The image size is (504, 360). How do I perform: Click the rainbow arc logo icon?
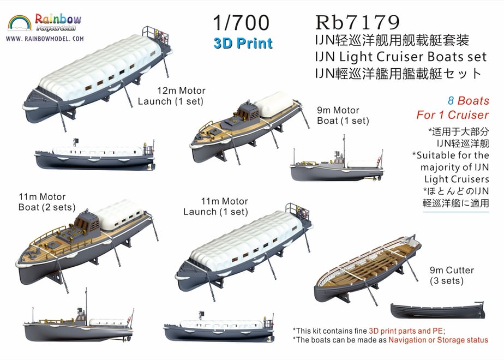20,23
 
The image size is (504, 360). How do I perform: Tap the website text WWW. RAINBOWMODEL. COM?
45,39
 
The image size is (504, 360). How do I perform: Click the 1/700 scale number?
241,22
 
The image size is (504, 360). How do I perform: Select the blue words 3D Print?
243,44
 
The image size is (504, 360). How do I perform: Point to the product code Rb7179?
357,22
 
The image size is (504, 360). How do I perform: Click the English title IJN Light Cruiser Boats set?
401,57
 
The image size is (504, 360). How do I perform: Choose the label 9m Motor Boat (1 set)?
343,116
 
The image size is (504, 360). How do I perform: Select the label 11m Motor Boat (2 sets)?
47,202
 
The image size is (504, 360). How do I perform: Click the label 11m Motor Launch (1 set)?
215,206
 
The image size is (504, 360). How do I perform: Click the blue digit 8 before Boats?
451,100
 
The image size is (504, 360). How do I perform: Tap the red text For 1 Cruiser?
453,115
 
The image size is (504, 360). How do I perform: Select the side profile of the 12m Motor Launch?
95,155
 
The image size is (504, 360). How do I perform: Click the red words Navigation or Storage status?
438,340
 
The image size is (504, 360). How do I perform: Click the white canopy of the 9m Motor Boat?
274,104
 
